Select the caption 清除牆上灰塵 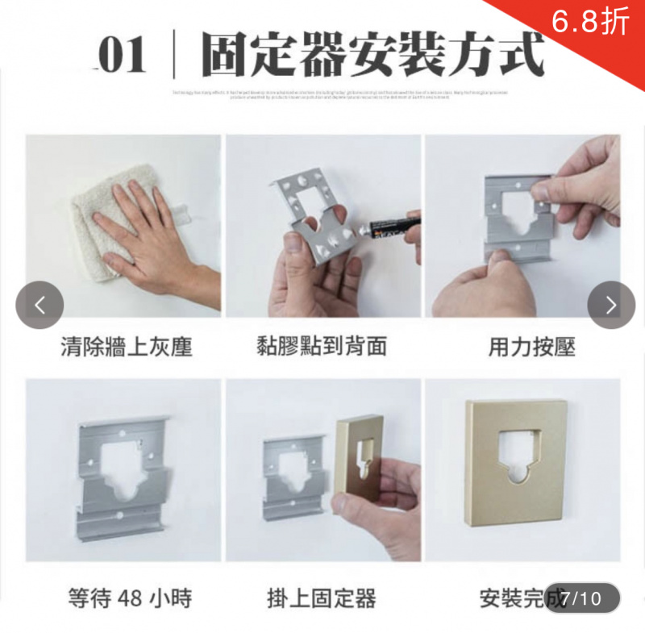tap(127, 347)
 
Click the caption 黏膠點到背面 tap(322, 347)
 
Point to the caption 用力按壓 tap(531, 347)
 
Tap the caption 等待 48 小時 tap(130, 598)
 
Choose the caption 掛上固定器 tap(322, 598)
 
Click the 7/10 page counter tap(581, 598)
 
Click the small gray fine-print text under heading tap(339, 95)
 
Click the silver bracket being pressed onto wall tap(516, 214)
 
